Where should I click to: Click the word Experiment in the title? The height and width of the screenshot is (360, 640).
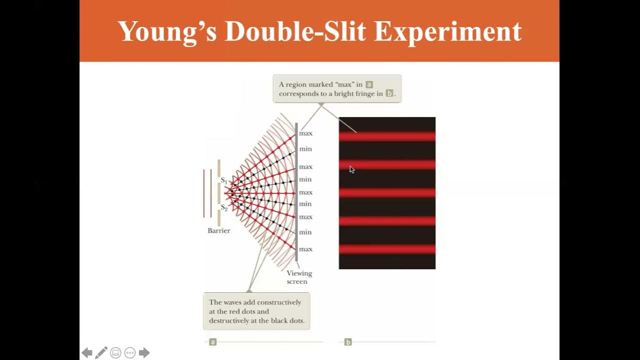click(x=447, y=31)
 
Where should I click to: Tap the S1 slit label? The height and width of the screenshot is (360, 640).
click(x=224, y=180)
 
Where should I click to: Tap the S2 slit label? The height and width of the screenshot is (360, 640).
click(x=224, y=207)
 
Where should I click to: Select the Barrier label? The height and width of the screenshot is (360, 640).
click(x=218, y=230)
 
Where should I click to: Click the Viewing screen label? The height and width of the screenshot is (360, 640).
click(x=299, y=277)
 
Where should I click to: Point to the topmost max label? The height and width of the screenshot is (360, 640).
click(x=305, y=133)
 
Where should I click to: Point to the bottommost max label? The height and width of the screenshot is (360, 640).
click(x=305, y=249)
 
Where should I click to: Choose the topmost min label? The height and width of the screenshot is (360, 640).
click(x=305, y=149)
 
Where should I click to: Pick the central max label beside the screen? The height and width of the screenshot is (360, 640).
click(x=305, y=192)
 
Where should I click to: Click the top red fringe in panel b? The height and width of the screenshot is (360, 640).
click(x=387, y=136)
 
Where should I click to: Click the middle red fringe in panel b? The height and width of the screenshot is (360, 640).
click(x=387, y=193)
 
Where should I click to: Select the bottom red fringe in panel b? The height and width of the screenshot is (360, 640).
click(x=387, y=249)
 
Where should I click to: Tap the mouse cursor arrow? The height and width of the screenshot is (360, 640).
click(x=351, y=169)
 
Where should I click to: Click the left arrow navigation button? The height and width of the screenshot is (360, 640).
click(x=87, y=353)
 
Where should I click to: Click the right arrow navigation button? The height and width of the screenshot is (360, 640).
click(x=144, y=353)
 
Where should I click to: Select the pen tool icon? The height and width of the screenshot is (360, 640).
click(x=101, y=353)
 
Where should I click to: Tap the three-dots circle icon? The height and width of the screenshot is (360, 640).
click(x=130, y=353)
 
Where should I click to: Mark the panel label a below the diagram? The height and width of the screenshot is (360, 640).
click(x=212, y=342)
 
